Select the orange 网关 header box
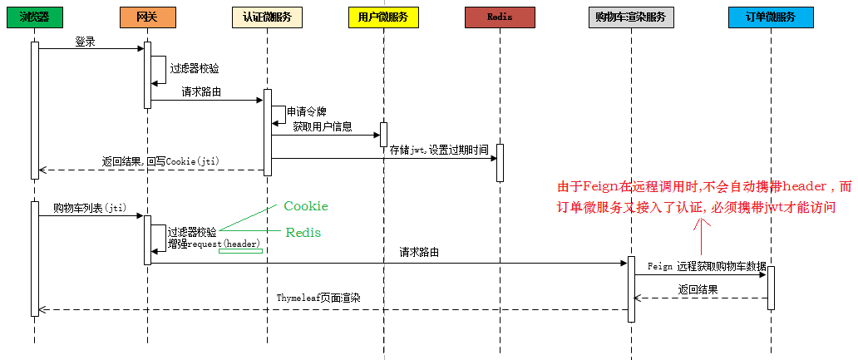click(x=147, y=17)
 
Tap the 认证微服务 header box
click(x=267, y=17)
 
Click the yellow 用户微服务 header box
click(x=383, y=17)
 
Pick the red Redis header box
click(x=500, y=17)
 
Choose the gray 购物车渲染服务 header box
click(x=631, y=17)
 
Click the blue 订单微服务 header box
click(x=770, y=17)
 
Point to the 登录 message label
click(x=85, y=41)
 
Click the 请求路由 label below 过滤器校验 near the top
click(x=201, y=92)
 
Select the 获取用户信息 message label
click(x=323, y=127)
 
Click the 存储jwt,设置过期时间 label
click(x=440, y=150)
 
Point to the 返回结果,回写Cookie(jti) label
click(x=160, y=161)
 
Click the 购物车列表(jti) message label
click(x=89, y=207)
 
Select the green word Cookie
click(x=305, y=206)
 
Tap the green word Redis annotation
click(x=303, y=233)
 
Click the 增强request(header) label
click(x=214, y=244)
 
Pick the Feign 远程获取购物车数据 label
click(x=707, y=266)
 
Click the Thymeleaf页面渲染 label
click(x=318, y=297)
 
